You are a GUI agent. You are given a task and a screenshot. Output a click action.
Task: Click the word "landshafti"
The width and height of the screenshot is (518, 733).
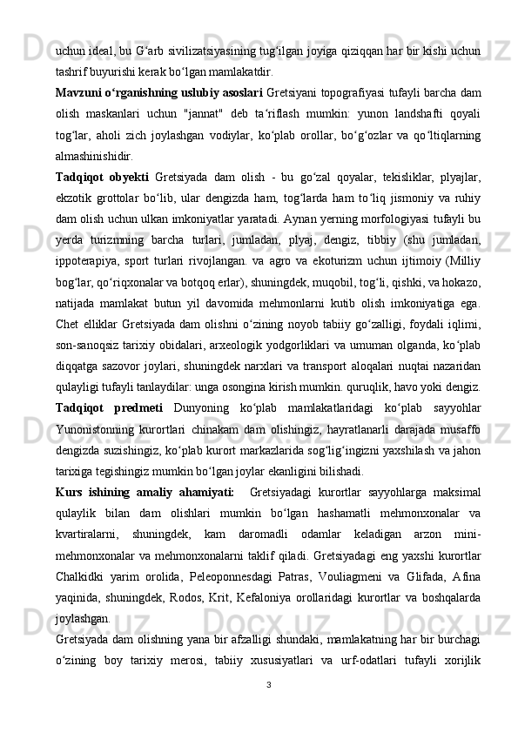click(394, 113)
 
